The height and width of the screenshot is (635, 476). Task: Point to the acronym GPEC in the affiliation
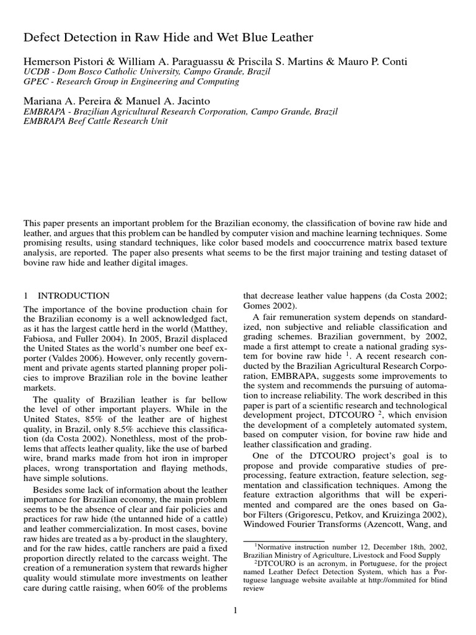(36, 82)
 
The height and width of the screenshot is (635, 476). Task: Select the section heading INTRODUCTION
(74, 296)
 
